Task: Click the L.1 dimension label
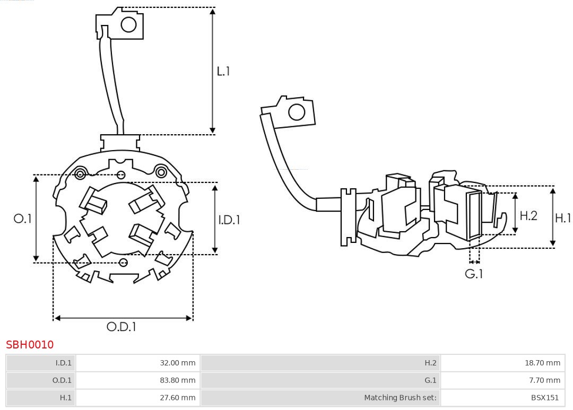point(223,71)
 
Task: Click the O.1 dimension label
point(22,219)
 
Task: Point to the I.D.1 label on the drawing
point(229,219)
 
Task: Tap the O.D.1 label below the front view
point(121,327)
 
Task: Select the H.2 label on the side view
point(528,215)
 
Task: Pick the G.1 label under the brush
point(474,274)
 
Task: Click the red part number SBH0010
point(30,345)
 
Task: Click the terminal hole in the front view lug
point(129,24)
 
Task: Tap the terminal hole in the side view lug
point(296,112)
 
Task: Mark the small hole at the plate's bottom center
point(124,263)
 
